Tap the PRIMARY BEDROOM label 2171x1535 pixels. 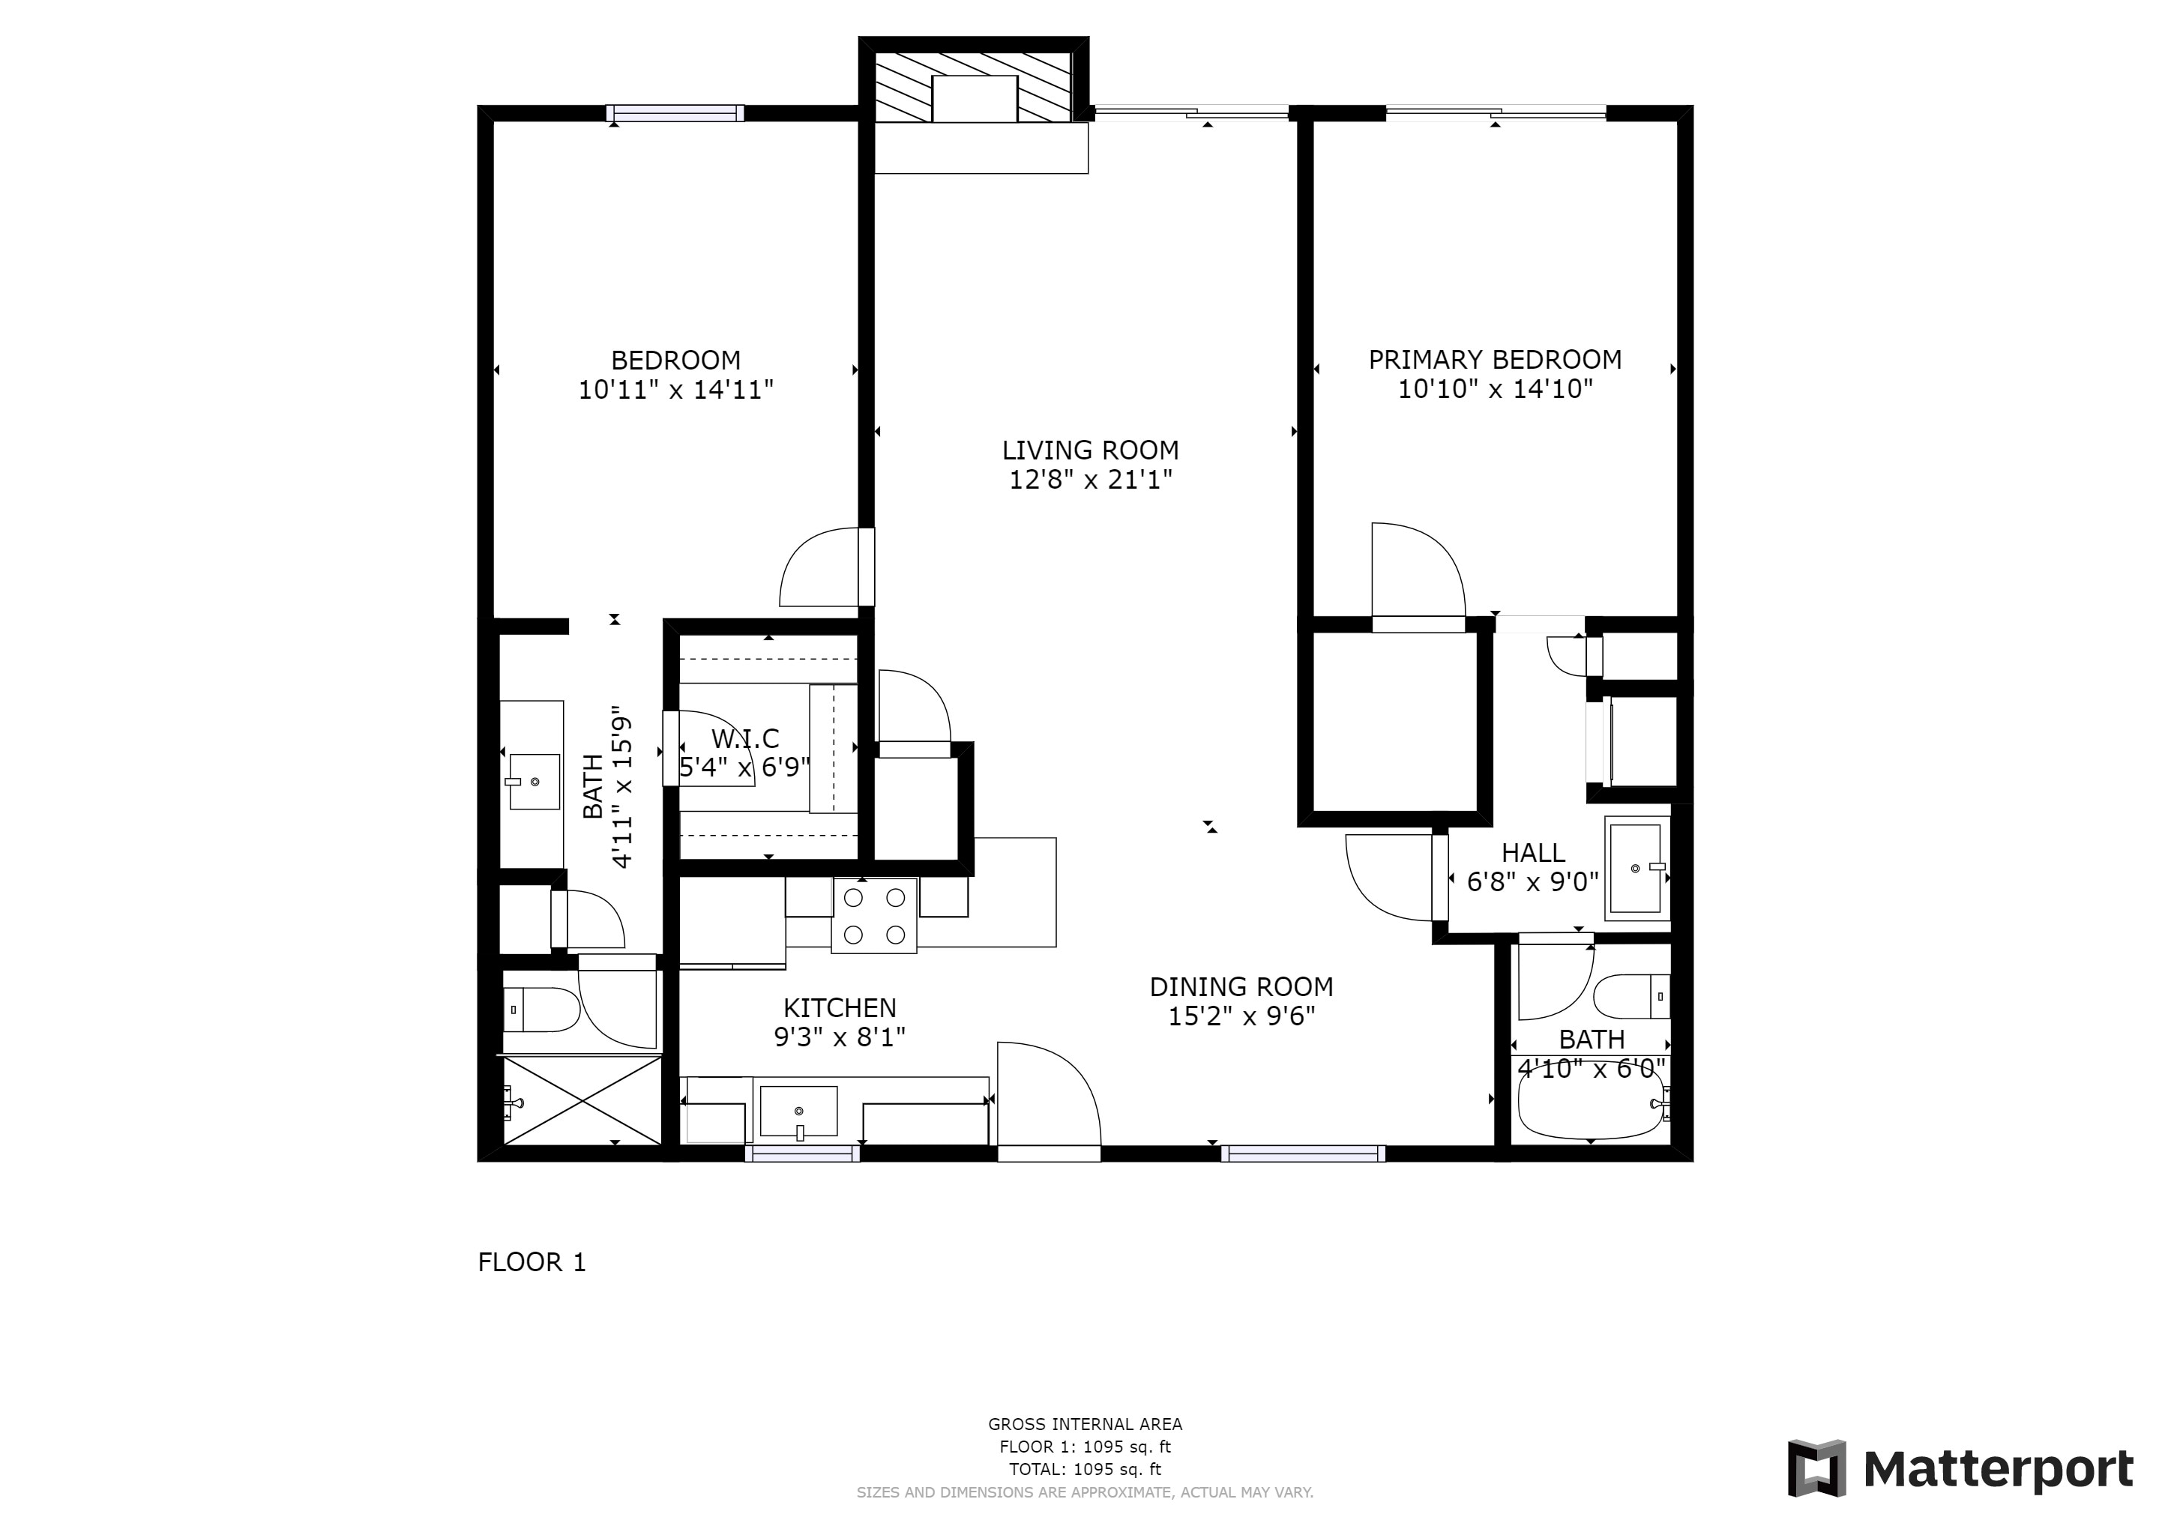coord(1495,359)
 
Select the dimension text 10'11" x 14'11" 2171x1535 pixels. coord(676,390)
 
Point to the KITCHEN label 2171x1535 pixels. coord(840,1007)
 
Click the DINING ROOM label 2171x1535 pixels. coord(1241,987)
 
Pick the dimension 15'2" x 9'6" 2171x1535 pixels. coord(1241,1016)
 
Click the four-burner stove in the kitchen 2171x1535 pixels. coord(875,915)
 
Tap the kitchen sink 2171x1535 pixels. coord(799,1112)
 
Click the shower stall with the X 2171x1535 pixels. coord(582,1101)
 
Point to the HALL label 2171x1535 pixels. coord(1533,852)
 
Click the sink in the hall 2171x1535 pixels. coord(1636,869)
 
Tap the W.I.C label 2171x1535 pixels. coord(745,738)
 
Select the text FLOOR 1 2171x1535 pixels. coord(532,1263)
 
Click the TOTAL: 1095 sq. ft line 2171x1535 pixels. coord(1085,1470)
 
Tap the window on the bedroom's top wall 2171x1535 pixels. coord(675,113)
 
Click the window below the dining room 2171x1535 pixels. coord(1303,1153)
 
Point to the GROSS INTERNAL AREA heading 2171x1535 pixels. coord(1085,1424)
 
